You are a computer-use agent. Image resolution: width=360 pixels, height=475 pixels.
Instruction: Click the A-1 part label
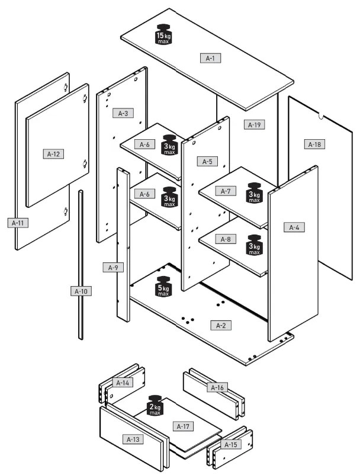coord(210,58)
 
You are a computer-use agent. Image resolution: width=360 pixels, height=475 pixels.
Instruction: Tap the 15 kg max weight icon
coord(163,34)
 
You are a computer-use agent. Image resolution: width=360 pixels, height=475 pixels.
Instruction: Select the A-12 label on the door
coord(54,154)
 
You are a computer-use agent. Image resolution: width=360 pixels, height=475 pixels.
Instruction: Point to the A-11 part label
coord(18,223)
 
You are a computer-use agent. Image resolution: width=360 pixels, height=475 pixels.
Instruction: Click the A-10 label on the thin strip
coord(81,291)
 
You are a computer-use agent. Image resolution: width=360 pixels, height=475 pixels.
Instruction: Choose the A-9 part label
coord(113,268)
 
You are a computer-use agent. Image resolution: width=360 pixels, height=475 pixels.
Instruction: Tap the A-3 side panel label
coord(123,113)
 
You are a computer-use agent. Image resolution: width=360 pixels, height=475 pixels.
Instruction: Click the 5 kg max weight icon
coord(163,286)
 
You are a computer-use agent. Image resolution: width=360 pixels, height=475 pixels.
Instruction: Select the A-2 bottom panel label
coord(221,326)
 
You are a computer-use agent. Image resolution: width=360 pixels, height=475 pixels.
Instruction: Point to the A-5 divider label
coord(207,162)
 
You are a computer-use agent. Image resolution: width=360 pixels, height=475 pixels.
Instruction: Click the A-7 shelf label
coord(226,191)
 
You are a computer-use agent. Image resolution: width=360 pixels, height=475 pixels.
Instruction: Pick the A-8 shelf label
coord(226,239)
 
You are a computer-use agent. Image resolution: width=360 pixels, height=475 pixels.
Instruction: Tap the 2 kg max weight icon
coord(155,405)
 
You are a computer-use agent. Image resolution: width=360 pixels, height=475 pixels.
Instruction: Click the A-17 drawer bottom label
coord(183,426)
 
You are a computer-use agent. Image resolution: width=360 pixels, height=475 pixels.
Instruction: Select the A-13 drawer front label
coord(133,439)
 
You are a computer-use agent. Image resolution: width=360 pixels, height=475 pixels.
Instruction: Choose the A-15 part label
coord(231,445)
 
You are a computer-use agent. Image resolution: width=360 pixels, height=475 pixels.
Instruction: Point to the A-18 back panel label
coord(314,145)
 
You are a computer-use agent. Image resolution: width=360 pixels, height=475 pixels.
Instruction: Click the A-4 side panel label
coord(294,227)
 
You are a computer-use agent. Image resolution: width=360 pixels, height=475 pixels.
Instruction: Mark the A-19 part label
coord(255,124)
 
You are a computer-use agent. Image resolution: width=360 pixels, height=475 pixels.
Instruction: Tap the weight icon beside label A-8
coord(255,245)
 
